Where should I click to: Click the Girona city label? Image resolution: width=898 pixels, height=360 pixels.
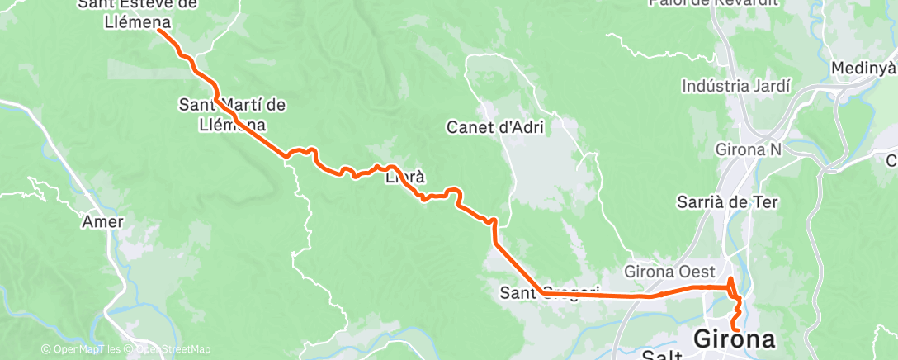[x=735, y=339]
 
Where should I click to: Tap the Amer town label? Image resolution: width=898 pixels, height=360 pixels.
[x=103, y=222]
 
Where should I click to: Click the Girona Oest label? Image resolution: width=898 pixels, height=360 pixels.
[x=669, y=270]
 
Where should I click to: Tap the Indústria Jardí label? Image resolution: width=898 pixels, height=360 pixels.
[x=736, y=86]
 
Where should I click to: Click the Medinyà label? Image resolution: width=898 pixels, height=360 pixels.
[x=863, y=68]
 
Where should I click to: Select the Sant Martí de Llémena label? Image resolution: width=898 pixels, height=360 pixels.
[x=233, y=115]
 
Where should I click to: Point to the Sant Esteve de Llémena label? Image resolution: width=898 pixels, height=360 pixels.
[x=137, y=14]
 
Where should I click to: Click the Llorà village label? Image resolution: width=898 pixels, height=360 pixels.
[x=405, y=177]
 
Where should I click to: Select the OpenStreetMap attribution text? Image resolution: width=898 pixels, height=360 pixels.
[x=170, y=349]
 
